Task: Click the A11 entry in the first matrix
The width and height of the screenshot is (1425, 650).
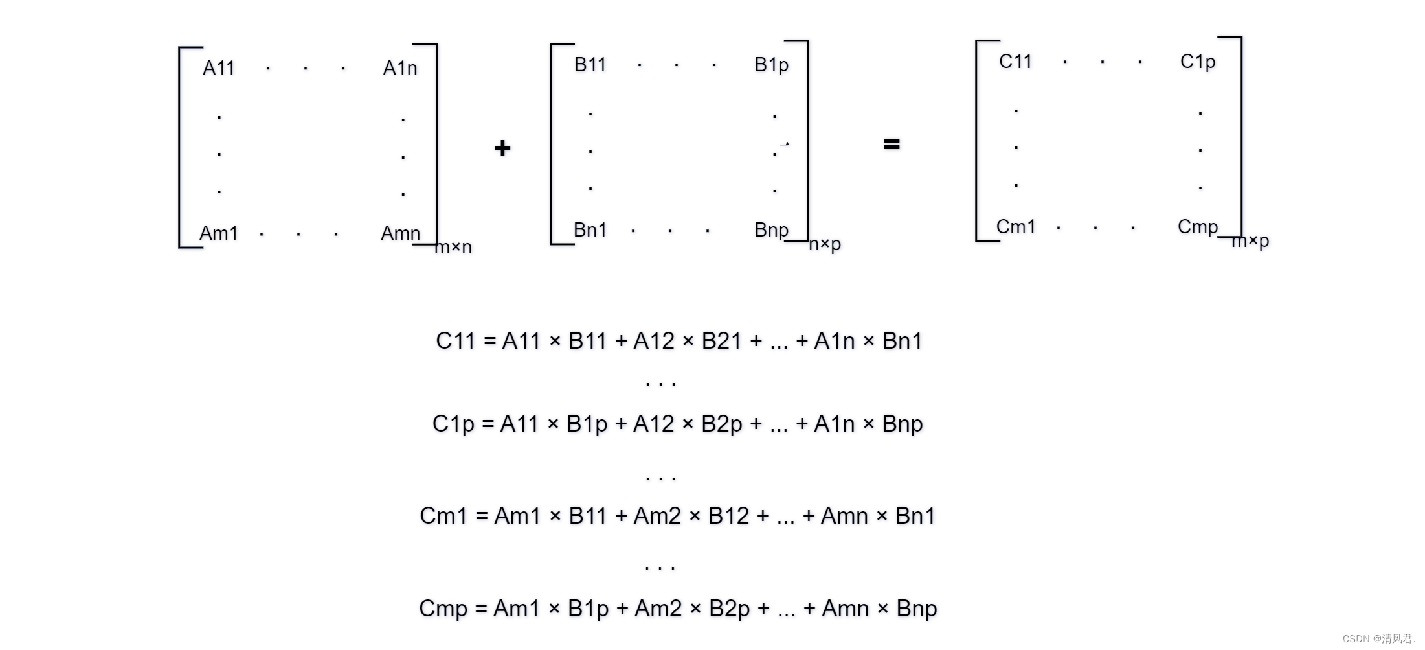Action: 219,68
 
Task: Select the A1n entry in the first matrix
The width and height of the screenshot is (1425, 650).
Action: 400,68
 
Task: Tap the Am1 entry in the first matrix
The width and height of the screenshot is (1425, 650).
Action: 219,233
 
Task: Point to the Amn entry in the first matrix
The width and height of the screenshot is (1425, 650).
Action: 401,233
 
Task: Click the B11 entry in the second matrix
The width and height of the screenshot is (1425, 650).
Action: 590,65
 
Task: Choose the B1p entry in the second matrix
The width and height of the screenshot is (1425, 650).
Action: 772,65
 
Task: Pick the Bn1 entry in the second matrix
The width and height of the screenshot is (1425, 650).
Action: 590,230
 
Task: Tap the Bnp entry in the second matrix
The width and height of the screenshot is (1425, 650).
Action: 772,230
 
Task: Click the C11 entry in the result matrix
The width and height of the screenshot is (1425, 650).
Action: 1015,62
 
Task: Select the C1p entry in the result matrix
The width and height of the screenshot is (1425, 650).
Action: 1198,62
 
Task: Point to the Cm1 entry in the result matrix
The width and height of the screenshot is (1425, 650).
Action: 1016,227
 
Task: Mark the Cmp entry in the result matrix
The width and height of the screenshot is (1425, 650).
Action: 1198,227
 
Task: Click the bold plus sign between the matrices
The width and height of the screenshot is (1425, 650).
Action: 502,148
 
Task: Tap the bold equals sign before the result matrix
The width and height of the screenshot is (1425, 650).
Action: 892,144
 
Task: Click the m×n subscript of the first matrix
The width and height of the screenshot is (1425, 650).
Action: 454,247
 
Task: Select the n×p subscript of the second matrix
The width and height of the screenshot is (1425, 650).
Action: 825,244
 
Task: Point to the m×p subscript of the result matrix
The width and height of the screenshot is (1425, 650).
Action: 1250,241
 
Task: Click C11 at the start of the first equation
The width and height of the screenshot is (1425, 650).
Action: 456,341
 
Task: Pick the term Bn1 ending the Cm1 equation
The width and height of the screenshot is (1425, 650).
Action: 915,516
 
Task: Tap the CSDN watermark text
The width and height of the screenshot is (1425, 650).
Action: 1379,639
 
